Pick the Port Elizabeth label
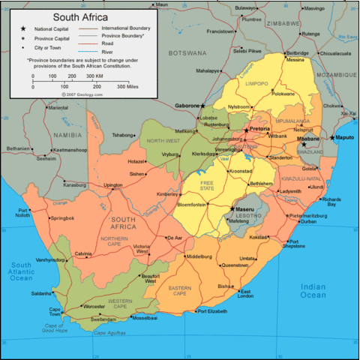[211, 310]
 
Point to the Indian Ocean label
[313, 290]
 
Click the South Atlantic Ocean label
[20, 272]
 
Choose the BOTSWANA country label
[187, 53]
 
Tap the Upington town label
[112, 185]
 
